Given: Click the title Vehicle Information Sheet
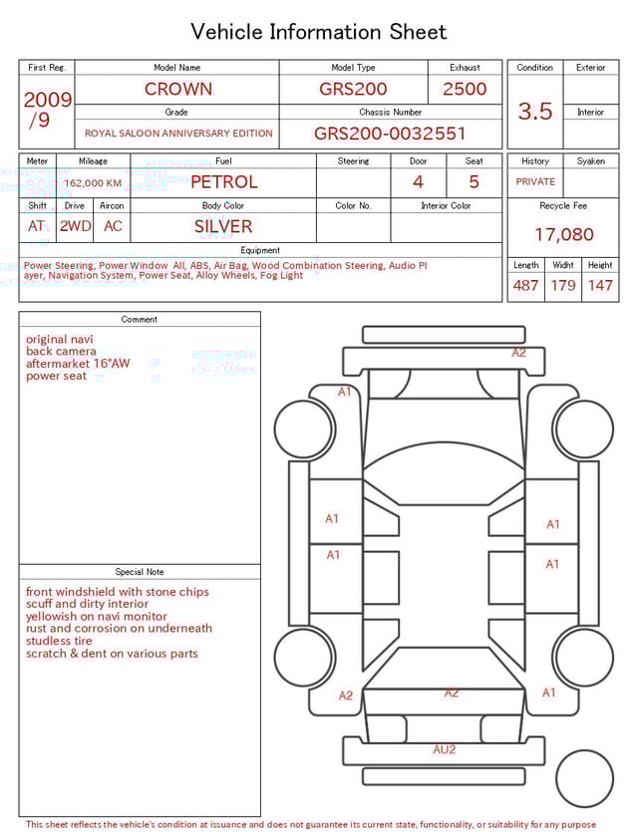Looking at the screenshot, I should coord(319,32).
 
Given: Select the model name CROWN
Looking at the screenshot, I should coord(177,89).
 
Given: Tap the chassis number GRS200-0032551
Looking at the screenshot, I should coord(390,134).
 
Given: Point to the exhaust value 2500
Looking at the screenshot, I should coord(465,89).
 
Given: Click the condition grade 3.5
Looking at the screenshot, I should coord(535,112).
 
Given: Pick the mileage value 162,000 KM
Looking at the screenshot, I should coord(93,183).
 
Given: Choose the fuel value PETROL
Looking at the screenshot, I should coord(223,182).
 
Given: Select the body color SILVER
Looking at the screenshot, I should coord(223,226).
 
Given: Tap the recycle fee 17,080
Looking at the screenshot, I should coord(563,235).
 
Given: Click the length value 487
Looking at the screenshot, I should coord(525,286).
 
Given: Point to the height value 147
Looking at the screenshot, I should coord(600,286).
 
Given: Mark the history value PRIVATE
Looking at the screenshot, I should coord(535,182).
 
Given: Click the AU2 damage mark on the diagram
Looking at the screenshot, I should coord(445,749).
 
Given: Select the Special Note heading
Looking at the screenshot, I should coord(140,572).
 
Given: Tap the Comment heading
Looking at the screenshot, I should coord(140,320).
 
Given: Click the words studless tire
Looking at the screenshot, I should coord(59,641).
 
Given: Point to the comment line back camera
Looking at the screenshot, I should coord(61,352).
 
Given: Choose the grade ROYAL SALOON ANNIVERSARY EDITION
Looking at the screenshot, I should coord(177,134).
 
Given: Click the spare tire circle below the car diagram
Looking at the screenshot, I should coord(585,777).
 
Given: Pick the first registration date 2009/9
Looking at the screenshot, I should coord(47,110).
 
